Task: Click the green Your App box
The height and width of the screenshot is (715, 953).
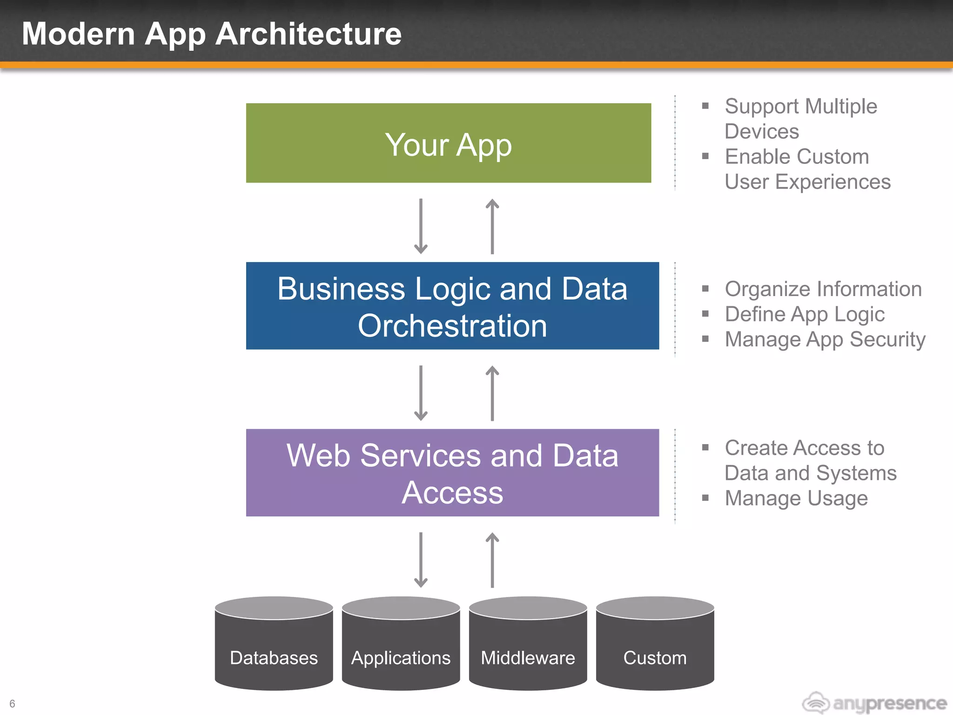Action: point(448,143)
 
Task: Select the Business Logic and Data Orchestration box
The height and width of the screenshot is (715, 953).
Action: point(452,306)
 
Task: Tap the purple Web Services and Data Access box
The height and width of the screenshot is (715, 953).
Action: point(452,472)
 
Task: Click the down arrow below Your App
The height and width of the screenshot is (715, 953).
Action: point(421,226)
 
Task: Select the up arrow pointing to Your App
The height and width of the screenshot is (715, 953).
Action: point(492,226)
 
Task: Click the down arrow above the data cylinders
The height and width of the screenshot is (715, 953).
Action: point(421,560)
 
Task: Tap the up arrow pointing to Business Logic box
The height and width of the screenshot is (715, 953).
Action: point(492,393)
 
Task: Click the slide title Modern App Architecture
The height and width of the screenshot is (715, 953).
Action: point(212,34)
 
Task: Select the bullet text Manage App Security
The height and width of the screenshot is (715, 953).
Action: point(825,339)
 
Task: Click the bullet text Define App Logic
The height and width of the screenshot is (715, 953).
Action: point(805,314)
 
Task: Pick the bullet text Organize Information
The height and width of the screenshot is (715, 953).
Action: point(823,289)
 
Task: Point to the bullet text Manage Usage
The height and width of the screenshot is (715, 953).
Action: point(796,498)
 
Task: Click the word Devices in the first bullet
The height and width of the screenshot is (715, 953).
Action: point(762,131)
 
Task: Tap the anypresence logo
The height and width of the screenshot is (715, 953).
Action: point(874,702)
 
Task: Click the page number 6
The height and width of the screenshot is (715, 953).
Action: point(12,703)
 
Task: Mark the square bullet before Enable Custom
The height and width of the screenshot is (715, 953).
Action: point(705,156)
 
